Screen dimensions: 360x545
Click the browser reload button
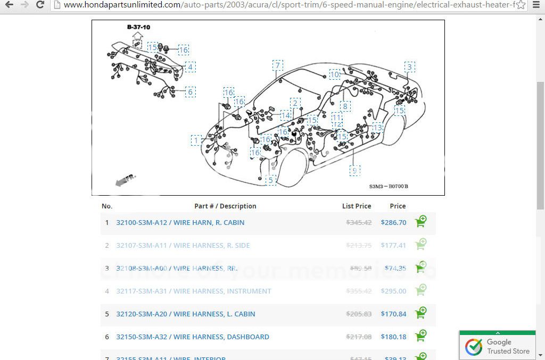point(40,5)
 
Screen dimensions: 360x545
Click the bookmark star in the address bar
point(521,5)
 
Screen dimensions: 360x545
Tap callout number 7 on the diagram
point(277,65)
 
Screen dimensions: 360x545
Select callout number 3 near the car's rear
point(409,66)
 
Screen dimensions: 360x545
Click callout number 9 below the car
point(354,170)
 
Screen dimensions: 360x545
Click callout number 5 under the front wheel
point(270,180)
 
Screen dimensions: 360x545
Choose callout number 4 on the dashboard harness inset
point(189,67)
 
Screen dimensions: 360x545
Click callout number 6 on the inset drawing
point(189,92)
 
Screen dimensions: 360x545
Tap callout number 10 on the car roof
point(334,74)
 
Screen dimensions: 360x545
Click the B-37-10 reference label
point(138,27)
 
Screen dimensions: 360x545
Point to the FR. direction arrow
point(126,180)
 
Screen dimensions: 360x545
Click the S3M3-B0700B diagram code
point(389,187)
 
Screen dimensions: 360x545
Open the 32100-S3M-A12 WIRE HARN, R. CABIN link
point(180,222)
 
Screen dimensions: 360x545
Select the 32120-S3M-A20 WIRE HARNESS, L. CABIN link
point(185,314)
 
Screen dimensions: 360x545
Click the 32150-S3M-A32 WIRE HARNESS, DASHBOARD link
point(192,337)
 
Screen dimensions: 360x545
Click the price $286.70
point(393,222)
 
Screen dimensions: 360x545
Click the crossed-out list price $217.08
point(359,337)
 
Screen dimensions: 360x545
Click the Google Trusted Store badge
point(497,346)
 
